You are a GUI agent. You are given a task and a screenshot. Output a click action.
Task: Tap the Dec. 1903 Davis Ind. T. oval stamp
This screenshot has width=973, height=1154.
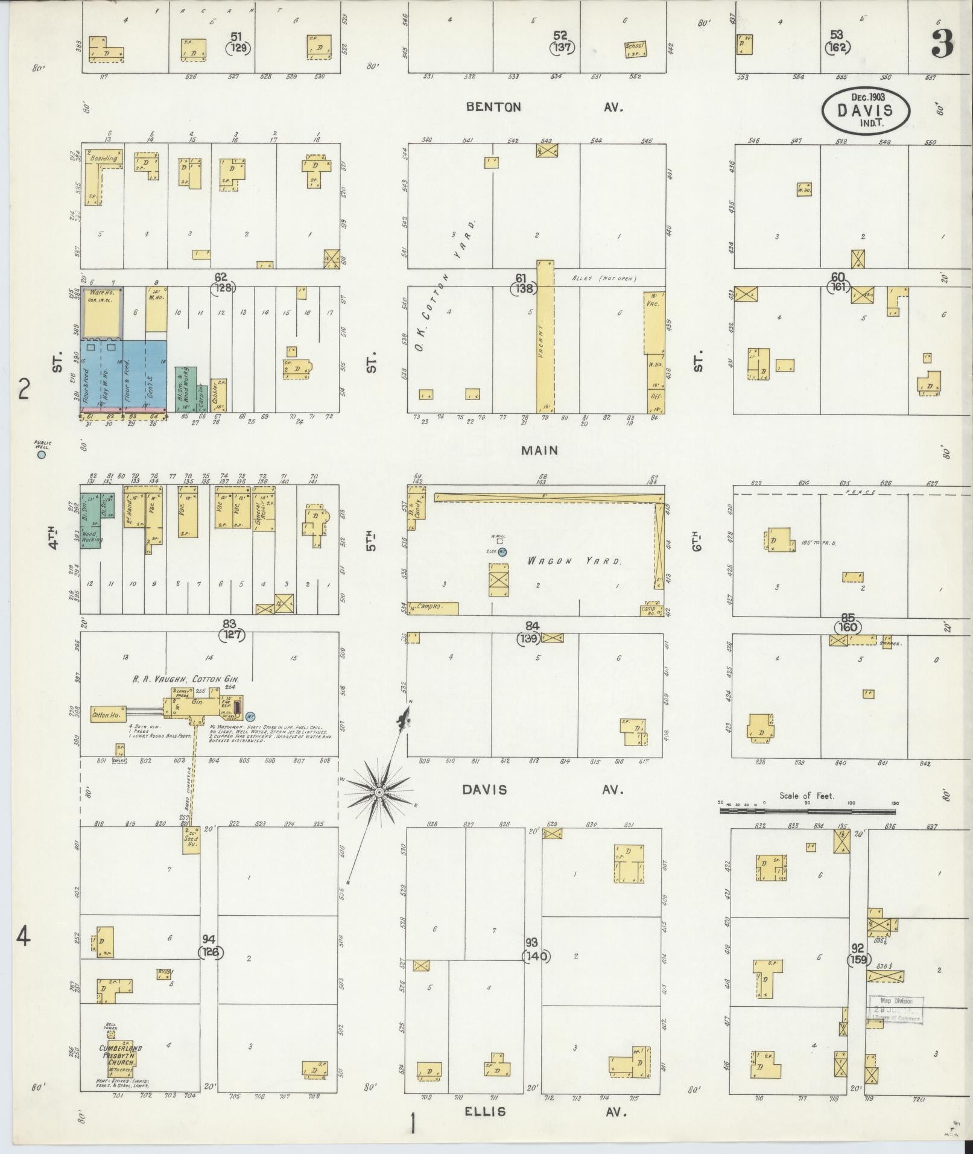[866, 109]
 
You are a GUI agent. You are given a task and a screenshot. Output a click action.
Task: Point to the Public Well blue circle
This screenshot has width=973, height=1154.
[41, 455]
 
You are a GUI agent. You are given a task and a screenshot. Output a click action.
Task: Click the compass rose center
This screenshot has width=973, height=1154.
[379, 792]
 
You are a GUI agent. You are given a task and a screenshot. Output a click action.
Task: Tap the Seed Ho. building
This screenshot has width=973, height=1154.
[191, 840]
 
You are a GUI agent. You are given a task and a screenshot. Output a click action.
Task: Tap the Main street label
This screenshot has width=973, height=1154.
[540, 450]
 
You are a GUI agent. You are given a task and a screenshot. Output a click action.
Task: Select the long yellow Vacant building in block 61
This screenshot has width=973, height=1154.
[544, 338]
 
